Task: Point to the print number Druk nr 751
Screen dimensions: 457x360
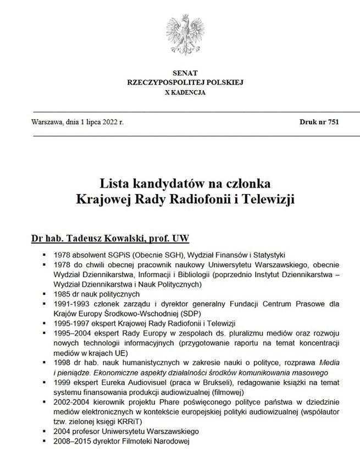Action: click(319, 122)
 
